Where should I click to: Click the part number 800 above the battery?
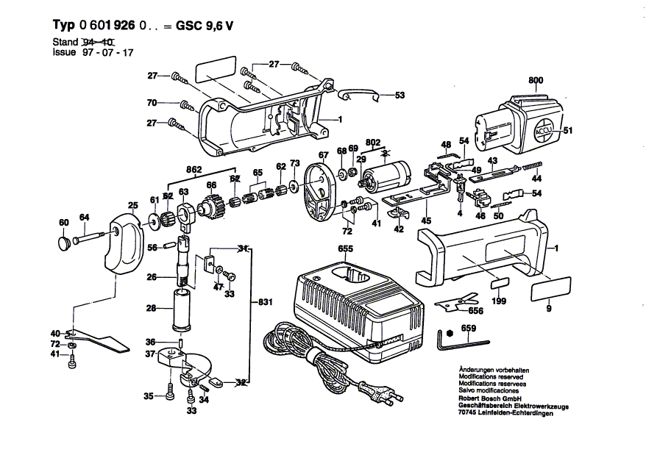click(x=535, y=81)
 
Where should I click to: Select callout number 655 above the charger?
click(x=346, y=249)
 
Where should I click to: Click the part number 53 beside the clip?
click(x=400, y=96)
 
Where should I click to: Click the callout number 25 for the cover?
click(x=133, y=205)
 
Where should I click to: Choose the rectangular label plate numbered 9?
click(x=551, y=287)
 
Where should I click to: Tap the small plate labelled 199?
click(x=498, y=286)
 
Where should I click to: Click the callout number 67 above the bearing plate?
click(x=322, y=154)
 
